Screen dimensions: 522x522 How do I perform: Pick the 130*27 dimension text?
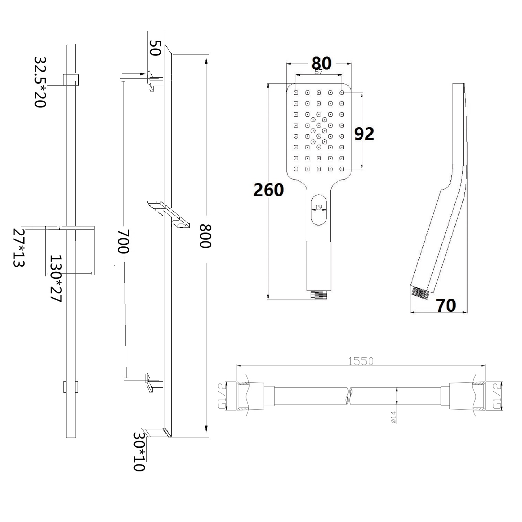click(56, 278)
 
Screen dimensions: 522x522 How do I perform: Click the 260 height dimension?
click(268, 190)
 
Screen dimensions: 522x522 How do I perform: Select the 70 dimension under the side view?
click(446, 305)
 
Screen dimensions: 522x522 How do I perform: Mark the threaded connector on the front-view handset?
click(319, 295)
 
